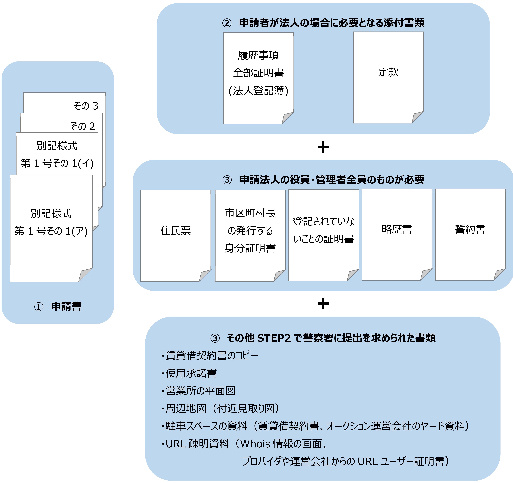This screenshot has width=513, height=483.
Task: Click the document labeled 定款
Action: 388,77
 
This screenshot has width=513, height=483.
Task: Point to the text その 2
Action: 83,126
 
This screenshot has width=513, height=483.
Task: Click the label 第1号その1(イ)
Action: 57,163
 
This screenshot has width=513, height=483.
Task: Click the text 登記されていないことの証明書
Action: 324,230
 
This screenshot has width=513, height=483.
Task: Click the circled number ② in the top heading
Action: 227,23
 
